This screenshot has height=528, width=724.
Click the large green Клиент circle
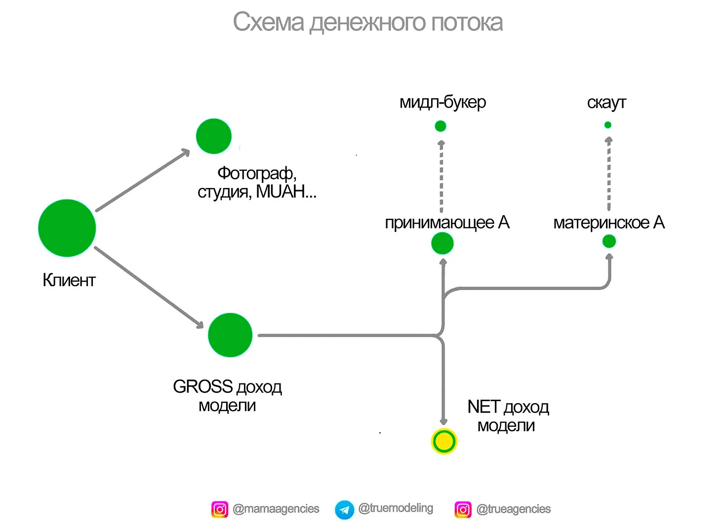pos(67,228)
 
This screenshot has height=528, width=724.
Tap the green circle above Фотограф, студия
pos(214,136)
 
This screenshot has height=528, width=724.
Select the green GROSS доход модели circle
pos(230,335)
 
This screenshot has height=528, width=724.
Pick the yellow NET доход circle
pos(444,441)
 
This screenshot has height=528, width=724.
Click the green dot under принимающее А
pos(442,243)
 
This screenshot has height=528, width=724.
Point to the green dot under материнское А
pos(609,241)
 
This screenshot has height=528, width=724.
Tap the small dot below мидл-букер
pos(441,126)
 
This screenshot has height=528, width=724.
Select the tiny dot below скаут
pos(608,125)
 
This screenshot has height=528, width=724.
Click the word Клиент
pos(69,280)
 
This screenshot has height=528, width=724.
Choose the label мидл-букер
pos(443,102)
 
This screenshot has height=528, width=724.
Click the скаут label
pos(606,103)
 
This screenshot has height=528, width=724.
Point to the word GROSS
pos(203,386)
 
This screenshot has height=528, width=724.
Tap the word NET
pos(484,407)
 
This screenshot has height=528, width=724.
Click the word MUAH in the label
pos(280,191)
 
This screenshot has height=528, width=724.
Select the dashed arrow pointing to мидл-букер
pos(442,176)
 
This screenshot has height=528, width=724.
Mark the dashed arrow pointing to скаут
pos(609,173)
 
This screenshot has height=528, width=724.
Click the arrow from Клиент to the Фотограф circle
pos(143,180)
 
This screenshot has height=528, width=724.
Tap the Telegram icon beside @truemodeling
pos(345,510)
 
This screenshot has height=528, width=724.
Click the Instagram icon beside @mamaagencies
pos(220,510)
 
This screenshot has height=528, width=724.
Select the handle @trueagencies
pos(514,509)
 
